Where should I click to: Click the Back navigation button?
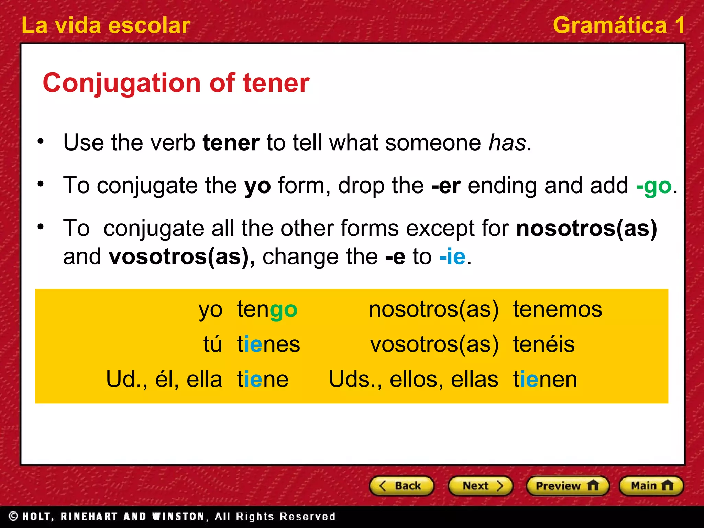click(x=401, y=486)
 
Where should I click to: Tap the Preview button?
click(x=568, y=486)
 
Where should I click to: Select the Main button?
click(x=651, y=486)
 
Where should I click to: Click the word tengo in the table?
click(x=267, y=310)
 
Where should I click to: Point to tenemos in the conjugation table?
click(x=557, y=309)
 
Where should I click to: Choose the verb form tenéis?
click(x=543, y=344)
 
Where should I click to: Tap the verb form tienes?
click(x=268, y=344)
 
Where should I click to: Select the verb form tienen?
click(x=545, y=379)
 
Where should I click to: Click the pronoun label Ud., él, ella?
click(x=164, y=379)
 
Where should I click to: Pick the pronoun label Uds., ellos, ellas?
click(x=413, y=379)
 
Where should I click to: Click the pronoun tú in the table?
click(x=212, y=344)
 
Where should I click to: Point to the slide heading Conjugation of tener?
click(x=176, y=83)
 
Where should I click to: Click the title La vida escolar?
click(x=106, y=25)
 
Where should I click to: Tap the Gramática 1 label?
click(x=618, y=25)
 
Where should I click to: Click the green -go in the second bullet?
click(x=653, y=186)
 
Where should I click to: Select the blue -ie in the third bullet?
click(x=452, y=257)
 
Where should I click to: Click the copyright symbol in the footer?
click(x=13, y=516)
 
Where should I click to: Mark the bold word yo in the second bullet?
click(x=257, y=186)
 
